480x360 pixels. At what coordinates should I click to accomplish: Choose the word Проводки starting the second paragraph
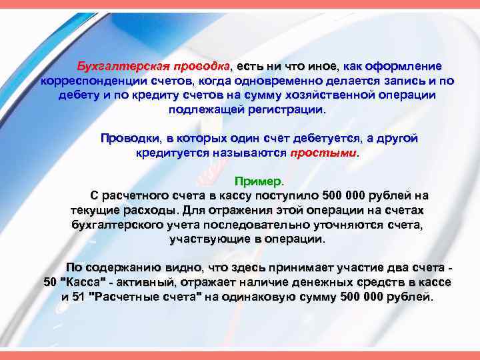click(x=130, y=139)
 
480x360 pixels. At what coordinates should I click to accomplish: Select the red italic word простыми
click(x=324, y=153)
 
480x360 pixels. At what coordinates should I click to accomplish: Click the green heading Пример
click(x=258, y=181)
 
